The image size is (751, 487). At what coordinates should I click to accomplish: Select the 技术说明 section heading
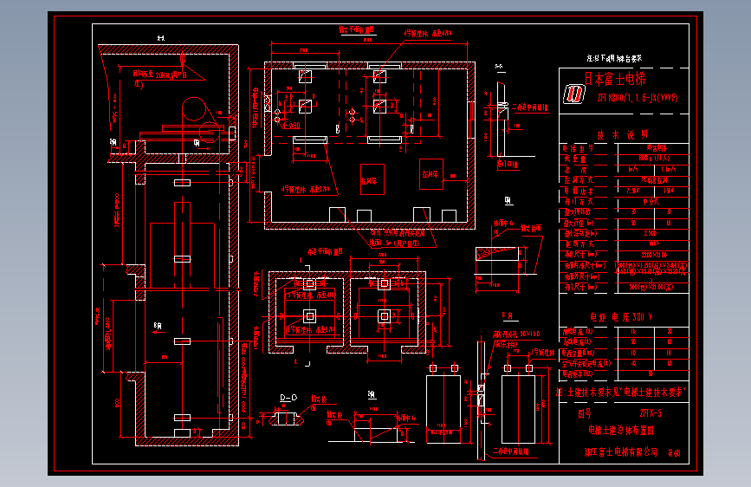tap(616, 135)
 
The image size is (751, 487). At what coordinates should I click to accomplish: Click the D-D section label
tap(288, 398)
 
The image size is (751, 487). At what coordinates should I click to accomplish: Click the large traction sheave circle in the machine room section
tap(196, 108)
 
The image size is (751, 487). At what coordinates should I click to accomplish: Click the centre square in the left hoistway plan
tap(309, 317)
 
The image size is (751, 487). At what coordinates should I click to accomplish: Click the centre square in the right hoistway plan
tap(382, 317)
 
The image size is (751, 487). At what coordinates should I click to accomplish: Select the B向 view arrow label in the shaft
tap(157, 326)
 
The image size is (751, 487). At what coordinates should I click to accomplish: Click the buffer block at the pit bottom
tap(181, 419)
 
